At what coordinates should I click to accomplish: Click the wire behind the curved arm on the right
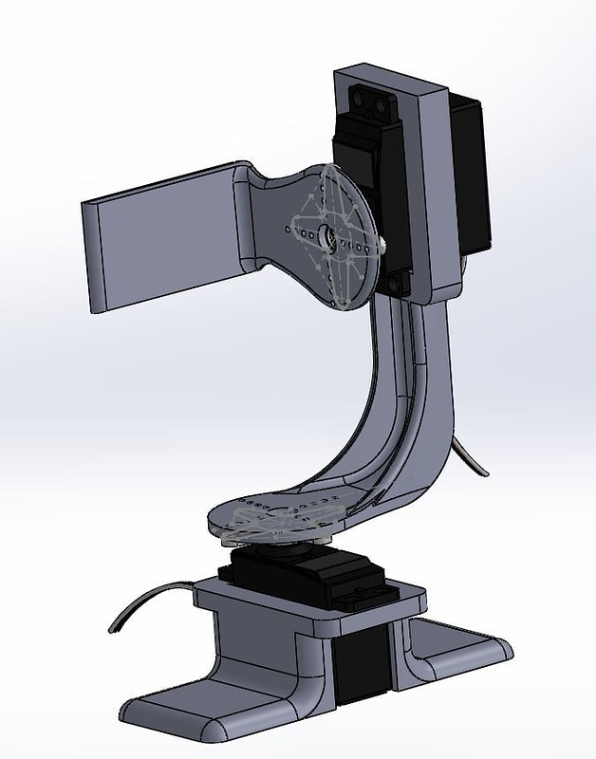click(472, 455)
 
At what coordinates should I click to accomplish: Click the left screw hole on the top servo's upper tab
click(360, 96)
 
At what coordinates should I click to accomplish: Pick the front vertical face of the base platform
click(266, 655)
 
